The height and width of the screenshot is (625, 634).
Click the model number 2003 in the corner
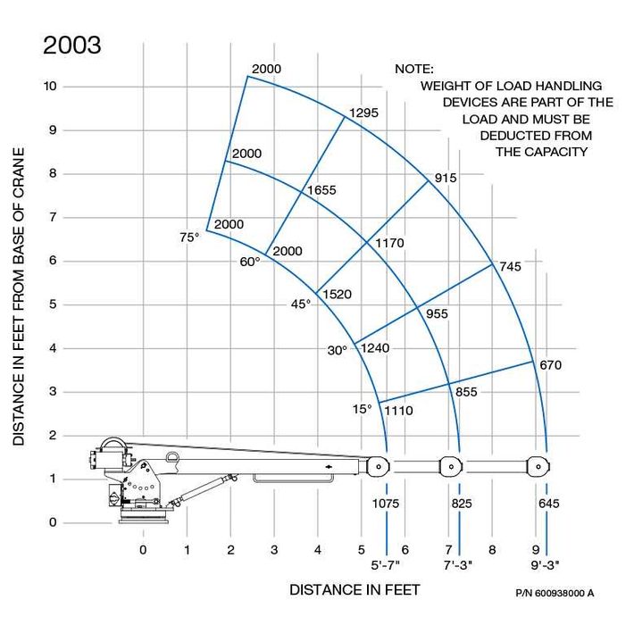point(72,45)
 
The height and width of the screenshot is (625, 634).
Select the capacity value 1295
point(364,112)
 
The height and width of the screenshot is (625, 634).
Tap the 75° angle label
point(189,237)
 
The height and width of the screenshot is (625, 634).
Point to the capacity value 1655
point(321,190)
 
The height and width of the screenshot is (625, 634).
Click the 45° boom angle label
point(301,304)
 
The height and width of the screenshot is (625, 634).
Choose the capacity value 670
point(551,365)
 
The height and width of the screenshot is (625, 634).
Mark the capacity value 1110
point(398,411)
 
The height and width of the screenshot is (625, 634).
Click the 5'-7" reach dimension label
point(386,565)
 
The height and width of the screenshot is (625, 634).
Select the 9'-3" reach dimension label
point(545,565)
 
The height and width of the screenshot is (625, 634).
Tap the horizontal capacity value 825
point(462,504)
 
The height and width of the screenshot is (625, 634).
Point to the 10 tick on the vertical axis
point(50,86)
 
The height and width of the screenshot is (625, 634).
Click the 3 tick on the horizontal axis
point(274,550)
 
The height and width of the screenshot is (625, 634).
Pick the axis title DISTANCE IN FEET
point(355,590)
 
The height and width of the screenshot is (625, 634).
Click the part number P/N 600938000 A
point(555,593)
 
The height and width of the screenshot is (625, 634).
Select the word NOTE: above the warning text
point(414,69)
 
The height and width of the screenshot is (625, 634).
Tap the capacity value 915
point(446,178)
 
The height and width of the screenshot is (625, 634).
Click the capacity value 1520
point(338,295)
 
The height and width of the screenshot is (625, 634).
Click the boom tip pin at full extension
point(538,467)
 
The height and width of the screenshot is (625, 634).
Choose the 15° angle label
point(362,409)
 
